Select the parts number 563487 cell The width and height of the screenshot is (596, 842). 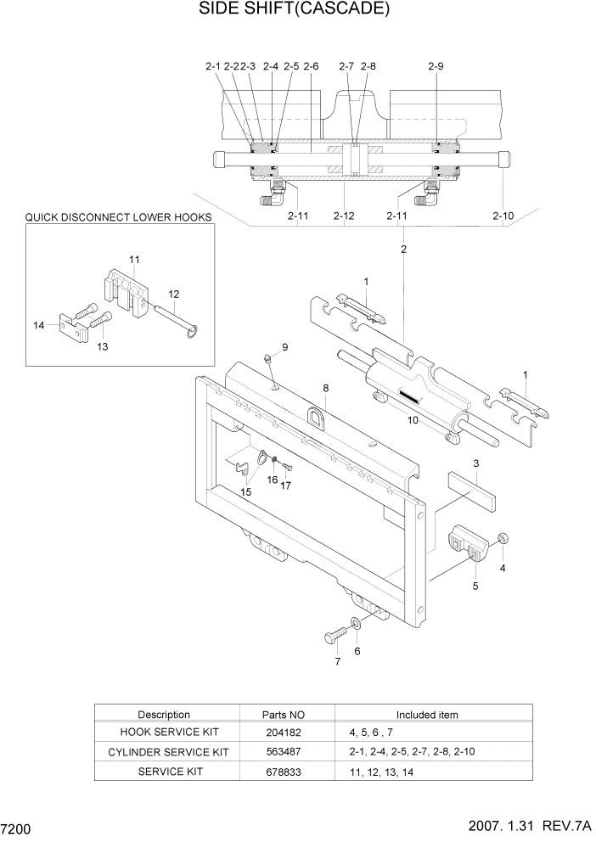pyautogui.click(x=283, y=752)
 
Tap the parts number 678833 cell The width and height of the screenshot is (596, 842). pyautogui.click(x=283, y=772)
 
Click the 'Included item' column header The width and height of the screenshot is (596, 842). pyautogui.click(x=427, y=715)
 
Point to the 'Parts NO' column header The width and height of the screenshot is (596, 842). pyautogui.click(x=283, y=715)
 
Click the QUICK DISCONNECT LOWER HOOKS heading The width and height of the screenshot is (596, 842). pyautogui.click(x=118, y=217)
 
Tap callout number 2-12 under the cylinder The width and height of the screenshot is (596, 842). pyautogui.click(x=343, y=216)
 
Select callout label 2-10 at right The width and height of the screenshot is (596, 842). pyautogui.click(x=503, y=216)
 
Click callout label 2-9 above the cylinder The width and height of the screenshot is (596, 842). pyautogui.click(x=436, y=65)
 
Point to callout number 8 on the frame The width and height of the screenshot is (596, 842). pyautogui.click(x=324, y=388)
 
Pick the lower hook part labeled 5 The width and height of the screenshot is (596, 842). pyautogui.click(x=468, y=543)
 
